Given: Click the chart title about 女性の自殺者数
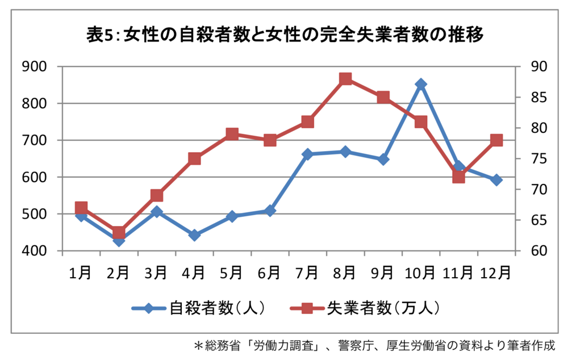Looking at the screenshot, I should pyautogui.click(x=284, y=36).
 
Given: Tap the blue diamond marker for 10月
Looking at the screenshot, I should pyautogui.click(x=421, y=84).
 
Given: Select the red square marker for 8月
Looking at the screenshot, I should pyautogui.click(x=345, y=79).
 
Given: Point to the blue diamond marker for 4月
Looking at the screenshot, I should pyautogui.click(x=194, y=235).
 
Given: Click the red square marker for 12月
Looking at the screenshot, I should pyautogui.click(x=496, y=140).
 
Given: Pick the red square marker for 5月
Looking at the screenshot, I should pyautogui.click(x=232, y=134).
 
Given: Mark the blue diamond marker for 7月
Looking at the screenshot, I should pyautogui.click(x=308, y=154).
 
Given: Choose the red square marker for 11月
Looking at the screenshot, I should pyautogui.click(x=459, y=177).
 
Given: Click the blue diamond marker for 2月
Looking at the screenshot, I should pyautogui.click(x=119, y=241).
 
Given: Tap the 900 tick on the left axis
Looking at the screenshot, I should pyautogui.click(x=35, y=67).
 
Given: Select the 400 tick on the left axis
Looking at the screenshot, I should pyautogui.click(x=35, y=251).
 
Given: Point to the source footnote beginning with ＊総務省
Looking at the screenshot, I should pyautogui.click(x=375, y=345).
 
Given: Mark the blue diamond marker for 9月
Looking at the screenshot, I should pyautogui.click(x=383, y=160).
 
